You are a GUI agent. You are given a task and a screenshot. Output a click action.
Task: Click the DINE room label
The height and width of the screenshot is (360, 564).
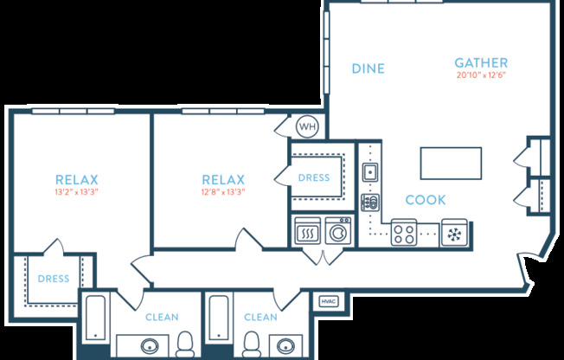369,68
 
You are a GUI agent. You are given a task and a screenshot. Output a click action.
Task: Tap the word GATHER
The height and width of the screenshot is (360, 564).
481,63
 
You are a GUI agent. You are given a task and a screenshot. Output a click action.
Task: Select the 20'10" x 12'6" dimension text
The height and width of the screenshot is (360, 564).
481,75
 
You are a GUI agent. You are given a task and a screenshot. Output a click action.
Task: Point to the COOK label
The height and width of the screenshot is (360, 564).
426,200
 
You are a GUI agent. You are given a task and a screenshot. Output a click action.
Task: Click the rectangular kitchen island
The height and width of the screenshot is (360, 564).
451,162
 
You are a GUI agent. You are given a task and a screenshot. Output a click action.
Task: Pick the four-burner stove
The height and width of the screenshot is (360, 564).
404,232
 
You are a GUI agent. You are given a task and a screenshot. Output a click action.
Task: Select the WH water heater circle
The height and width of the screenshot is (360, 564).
307,127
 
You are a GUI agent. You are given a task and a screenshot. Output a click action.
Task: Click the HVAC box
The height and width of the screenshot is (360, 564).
329,301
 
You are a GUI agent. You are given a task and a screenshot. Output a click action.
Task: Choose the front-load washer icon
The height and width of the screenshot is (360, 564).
338,232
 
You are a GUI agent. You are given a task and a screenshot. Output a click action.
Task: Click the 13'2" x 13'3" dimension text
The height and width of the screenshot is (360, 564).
76,192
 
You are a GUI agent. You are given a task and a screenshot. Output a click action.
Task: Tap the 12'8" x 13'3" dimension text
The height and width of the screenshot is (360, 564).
222,192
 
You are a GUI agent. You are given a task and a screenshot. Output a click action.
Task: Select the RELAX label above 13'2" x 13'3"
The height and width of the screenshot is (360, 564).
76,180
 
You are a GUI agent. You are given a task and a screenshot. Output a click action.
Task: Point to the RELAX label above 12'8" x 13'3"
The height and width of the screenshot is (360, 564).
222,180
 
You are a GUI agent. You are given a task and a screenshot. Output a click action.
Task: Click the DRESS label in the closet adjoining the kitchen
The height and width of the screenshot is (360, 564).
313,177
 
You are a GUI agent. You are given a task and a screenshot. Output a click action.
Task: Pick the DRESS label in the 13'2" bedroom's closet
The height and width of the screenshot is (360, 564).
53,279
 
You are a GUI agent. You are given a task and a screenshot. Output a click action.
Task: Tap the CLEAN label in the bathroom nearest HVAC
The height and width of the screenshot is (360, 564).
260,318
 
